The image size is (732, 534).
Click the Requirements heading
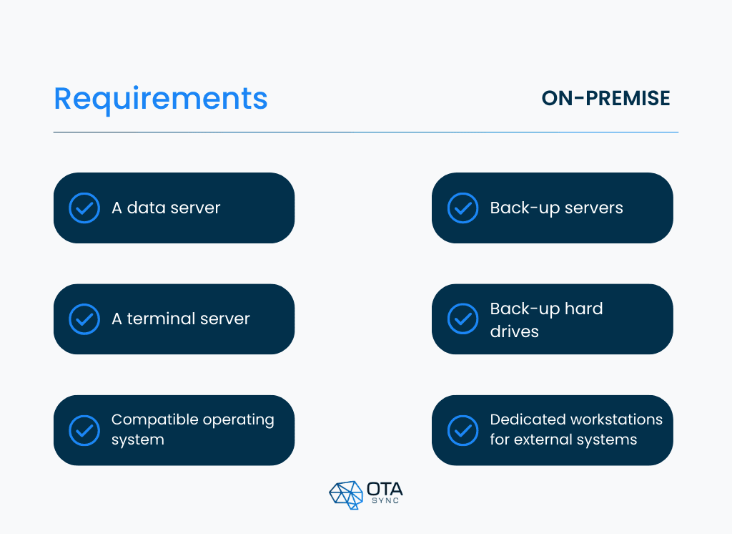pos(161,99)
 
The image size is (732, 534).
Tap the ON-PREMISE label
pos(605,98)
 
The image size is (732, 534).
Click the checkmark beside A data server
pos(84,208)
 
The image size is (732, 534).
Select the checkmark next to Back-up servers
pos(463,208)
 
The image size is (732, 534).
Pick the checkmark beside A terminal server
pos(84,319)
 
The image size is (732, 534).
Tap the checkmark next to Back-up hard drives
pos(463,319)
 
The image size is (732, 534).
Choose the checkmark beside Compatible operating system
pos(84,430)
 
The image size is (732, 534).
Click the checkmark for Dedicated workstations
pos(463,430)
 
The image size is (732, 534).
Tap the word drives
pos(514,331)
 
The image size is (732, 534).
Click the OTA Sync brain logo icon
pos(346,495)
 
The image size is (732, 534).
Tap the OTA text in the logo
pos(385,489)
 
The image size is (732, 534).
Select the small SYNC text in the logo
pos(385,502)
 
